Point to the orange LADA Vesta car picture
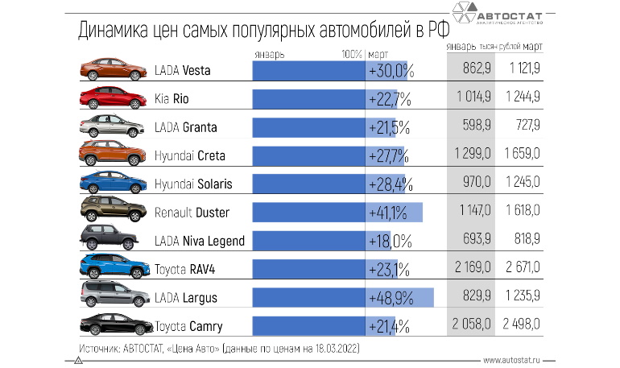112,69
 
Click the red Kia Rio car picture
112,97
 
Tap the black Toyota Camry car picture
112,325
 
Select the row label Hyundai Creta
190,155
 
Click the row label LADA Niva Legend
199,241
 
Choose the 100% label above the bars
351,54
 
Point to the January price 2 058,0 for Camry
471,326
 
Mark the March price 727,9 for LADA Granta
523,127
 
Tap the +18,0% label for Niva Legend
391,241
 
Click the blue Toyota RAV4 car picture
112,267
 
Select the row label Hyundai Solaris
193,184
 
